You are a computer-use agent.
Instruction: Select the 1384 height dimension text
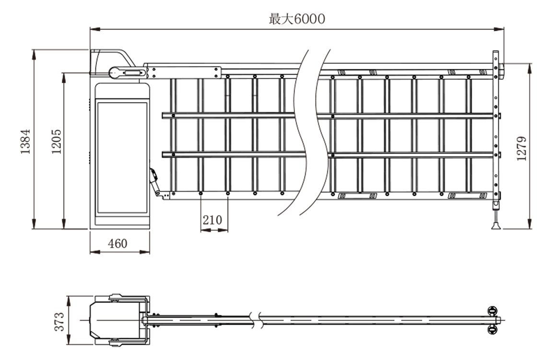(x=26, y=141)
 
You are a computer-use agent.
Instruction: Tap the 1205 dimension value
(x=56, y=141)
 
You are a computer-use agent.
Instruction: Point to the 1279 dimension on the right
(x=522, y=148)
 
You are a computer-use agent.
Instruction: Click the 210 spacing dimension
(x=212, y=220)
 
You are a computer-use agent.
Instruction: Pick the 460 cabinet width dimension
(x=117, y=244)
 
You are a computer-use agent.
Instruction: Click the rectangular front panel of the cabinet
(x=121, y=157)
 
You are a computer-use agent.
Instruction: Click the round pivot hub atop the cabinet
(x=115, y=72)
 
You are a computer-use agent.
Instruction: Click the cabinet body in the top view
(x=115, y=320)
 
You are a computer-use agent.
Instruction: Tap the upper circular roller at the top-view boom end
(x=492, y=310)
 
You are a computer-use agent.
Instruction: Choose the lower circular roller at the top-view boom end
(x=492, y=329)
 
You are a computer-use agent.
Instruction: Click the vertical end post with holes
(x=495, y=130)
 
